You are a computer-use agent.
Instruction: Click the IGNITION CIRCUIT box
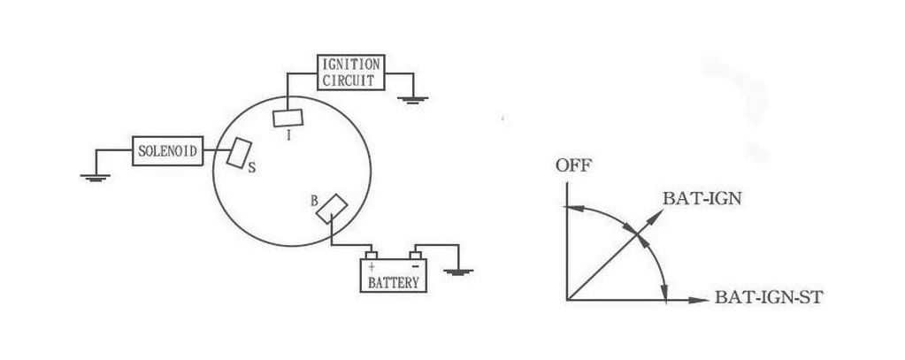[x=351, y=72]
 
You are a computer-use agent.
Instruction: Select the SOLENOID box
[x=166, y=150]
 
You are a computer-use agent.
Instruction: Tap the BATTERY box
[x=394, y=275]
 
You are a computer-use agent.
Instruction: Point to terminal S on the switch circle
[x=239, y=152]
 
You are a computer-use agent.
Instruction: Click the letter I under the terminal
[x=289, y=136]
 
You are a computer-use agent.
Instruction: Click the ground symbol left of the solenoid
[x=93, y=176]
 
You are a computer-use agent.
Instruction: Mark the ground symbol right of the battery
[x=456, y=270]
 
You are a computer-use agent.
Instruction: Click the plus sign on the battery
[x=372, y=264]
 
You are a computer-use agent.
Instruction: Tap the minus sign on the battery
[x=413, y=264]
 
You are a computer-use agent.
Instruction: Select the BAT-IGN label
[x=702, y=199]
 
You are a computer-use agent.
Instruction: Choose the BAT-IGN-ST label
[x=769, y=300]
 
